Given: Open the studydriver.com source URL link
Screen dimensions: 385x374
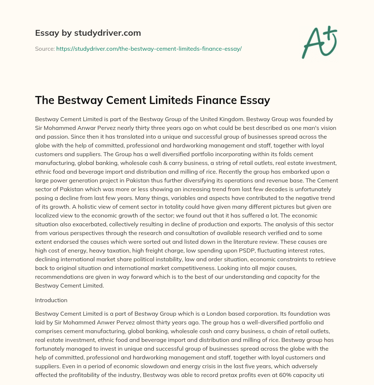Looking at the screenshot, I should [149, 49].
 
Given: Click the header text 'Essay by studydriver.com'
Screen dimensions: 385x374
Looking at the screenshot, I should [88, 33].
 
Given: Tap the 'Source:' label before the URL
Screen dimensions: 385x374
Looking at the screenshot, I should [45, 49].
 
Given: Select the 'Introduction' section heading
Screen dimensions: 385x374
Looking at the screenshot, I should [51, 300].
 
